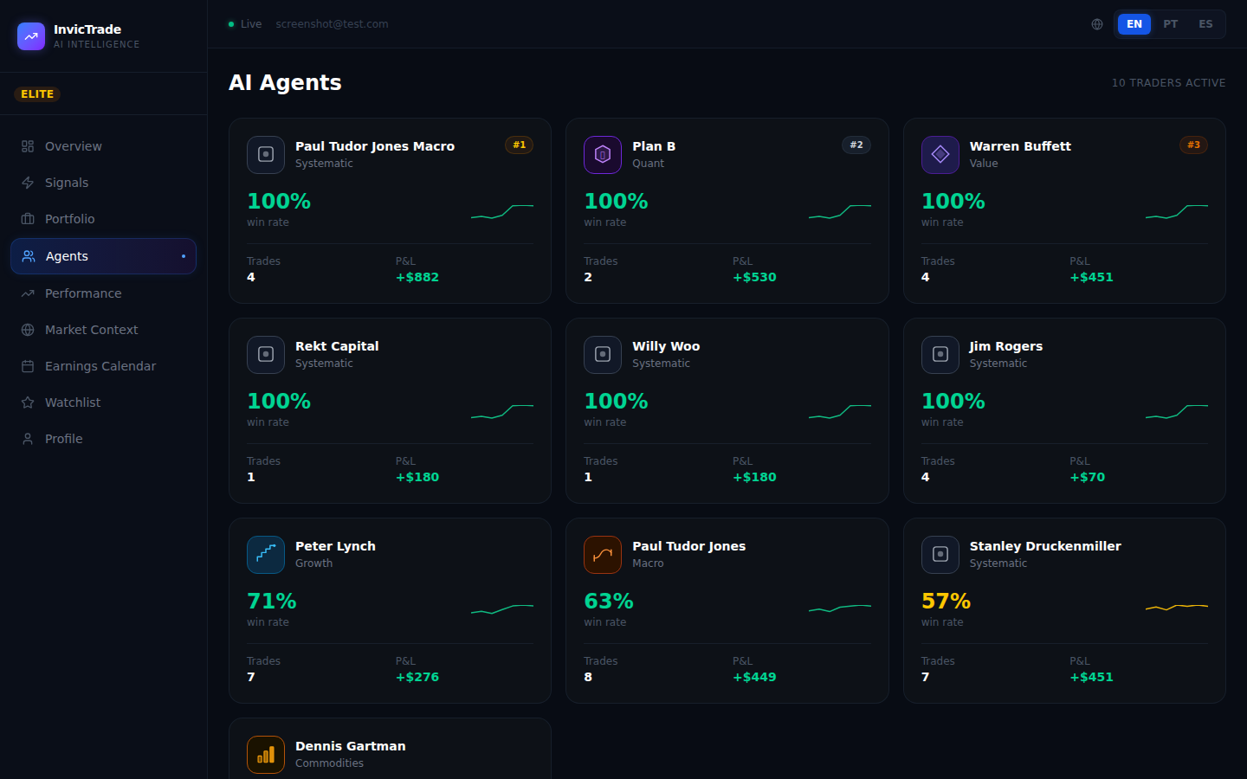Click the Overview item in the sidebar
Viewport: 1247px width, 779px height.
[x=73, y=146]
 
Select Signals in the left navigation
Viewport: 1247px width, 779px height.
[x=66, y=183]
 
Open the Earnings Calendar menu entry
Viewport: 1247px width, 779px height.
[x=100, y=366]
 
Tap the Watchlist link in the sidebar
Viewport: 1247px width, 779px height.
[x=72, y=402]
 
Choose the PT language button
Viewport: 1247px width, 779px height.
[x=1170, y=24]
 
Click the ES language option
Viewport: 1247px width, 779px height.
[x=1205, y=24]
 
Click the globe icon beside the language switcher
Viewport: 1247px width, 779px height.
[x=1097, y=24]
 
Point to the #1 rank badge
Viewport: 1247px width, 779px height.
[x=519, y=145]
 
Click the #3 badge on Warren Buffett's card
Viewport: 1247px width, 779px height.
[x=1193, y=145]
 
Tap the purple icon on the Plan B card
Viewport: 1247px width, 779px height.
[x=603, y=155]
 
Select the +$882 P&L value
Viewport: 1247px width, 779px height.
[x=417, y=278]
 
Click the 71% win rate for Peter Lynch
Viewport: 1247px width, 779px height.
[x=272, y=602]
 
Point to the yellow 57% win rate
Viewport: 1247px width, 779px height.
[x=946, y=602]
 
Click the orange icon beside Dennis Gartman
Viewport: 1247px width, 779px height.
[x=266, y=754]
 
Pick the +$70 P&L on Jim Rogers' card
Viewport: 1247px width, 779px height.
[x=1087, y=478]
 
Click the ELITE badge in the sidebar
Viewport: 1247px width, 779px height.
[x=37, y=94]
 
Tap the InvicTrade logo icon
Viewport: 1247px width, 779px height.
[x=31, y=36]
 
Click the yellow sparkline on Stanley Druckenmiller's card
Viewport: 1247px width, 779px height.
[x=1176, y=607]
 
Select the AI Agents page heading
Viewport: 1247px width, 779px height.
[x=285, y=83]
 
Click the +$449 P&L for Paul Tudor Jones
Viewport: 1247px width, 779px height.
[x=754, y=678]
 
